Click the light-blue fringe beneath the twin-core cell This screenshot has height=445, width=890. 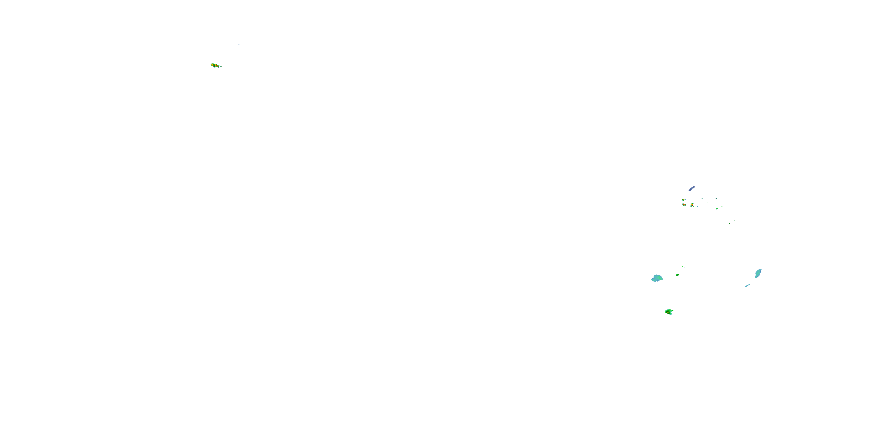pyautogui.click(x=216, y=67)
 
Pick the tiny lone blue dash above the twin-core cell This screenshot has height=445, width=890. pyautogui.click(x=239, y=44)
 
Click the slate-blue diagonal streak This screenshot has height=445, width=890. pyautogui.click(x=692, y=188)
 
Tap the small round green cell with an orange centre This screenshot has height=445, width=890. pyautogui.click(x=684, y=200)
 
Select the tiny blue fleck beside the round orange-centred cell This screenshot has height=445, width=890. pyautogui.click(x=686, y=199)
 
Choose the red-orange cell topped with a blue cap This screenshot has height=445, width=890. pyautogui.click(x=692, y=205)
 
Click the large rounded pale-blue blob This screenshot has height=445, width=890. pyautogui.click(x=657, y=278)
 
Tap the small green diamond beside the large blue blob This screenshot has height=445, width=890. pyautogui.click(x=678, y=275)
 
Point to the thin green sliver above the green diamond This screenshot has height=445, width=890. pyautogui.click(x=684, y=267)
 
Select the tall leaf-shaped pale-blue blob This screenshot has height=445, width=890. pyautogui.click(x=758, y=274)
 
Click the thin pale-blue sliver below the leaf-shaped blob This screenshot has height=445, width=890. pyautogui.click(x=747, y=285)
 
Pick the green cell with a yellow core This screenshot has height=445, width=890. pyautogui.click(x=669, y=312)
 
